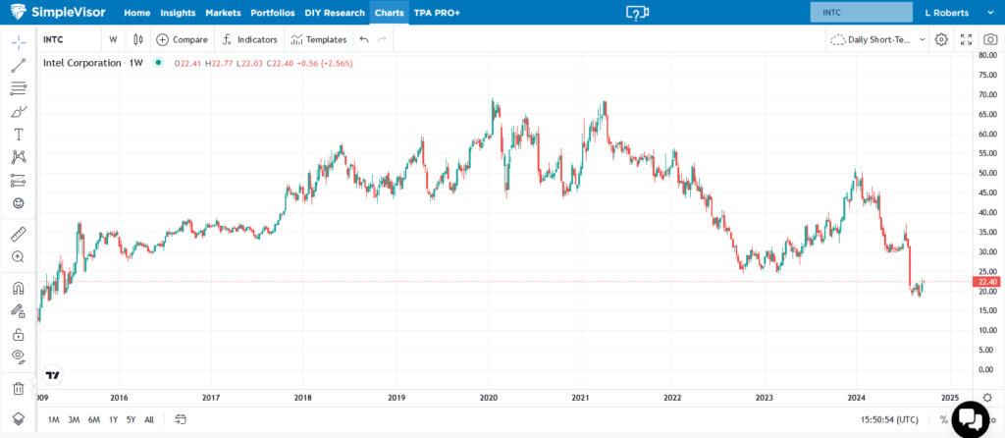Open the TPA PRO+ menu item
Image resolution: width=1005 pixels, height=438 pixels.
[x=436, y=13]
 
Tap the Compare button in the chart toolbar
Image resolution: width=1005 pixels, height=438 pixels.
[x=183, y=39]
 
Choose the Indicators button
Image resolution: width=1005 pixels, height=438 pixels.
[x=250, y=39]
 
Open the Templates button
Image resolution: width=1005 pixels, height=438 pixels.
[x=319, y=39]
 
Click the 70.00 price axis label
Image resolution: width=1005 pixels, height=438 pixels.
[x=987, y=94]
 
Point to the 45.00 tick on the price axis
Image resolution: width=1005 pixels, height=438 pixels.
[x=987, y=192]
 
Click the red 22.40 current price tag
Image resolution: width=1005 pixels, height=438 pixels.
[x=985, y=282]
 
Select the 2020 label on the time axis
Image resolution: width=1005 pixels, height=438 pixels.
[x=489, y=398]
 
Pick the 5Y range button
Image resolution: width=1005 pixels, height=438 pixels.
[x=131, y=419]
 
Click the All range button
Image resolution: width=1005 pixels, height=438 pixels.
[x=149, y=419]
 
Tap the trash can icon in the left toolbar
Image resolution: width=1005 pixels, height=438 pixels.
[x=18, y=388]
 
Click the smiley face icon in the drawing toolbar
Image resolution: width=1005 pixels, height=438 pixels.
[x=18, y=203]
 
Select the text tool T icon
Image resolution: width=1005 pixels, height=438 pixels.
[x=18, y=134]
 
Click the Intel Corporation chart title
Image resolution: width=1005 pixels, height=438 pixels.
[x=82, y=63]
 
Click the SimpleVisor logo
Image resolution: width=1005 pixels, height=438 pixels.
[x=59, y=13]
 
